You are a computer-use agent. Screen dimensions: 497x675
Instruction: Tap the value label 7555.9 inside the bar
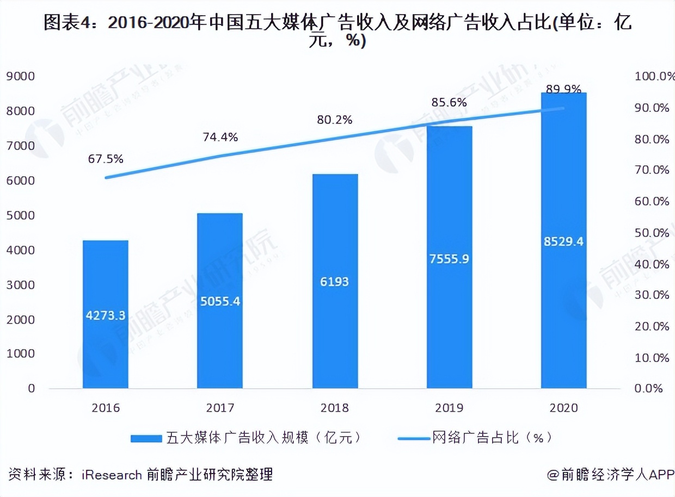click(x=449, y=259)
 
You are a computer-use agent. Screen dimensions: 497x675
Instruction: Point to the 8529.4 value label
click(x=563, y=241)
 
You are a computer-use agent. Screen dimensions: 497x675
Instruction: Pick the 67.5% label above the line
click(x=106, y=159)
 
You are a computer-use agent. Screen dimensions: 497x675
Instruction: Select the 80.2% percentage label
click(x=335, y=120)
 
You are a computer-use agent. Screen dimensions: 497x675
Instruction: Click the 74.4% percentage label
click(x=220, y=138)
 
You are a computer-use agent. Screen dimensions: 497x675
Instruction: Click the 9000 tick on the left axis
click(x=20, y=77)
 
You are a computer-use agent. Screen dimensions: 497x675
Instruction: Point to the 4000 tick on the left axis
click(x=20, y=250)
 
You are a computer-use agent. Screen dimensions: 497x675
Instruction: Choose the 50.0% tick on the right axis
click(x=652, y=233)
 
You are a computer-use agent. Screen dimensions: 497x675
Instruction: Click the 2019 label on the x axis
click(x=449, y=408)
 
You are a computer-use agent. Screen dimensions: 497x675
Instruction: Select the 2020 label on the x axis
click(x=563, y=408)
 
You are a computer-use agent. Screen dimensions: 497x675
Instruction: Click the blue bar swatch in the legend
click(x=146, y=438)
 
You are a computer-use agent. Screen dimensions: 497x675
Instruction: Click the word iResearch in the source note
click(x=112, y=475)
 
